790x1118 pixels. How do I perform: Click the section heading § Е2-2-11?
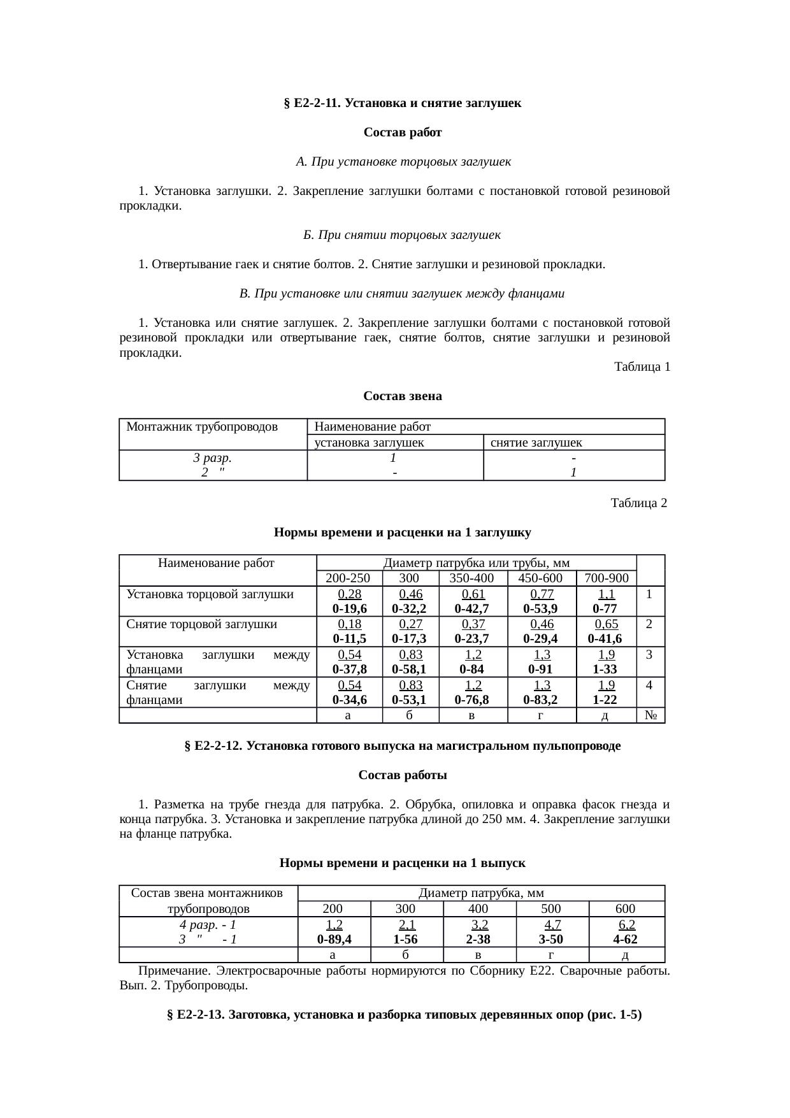(x=402, y=103)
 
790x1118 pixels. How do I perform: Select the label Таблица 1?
(x=642, y=367)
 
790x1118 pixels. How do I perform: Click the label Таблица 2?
(x=638, y=503)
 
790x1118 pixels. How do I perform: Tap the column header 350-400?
(x=472, y=578)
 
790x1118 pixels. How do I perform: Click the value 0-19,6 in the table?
(x=349, y=608)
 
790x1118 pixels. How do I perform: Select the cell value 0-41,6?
(x=606, y=639)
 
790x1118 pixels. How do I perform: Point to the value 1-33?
(x=605, y=670)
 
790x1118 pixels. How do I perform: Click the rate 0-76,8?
(x=472, y=700)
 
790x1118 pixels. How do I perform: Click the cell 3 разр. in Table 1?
(x=212, y=458)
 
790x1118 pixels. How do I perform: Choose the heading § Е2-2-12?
(x=402, y=745)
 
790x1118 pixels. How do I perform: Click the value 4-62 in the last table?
(x=626, y=940)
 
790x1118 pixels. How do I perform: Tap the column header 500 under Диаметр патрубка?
(x=552, y=909)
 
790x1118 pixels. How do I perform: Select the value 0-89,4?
(x=334, y=940)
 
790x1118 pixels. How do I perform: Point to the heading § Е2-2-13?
(x=403, y=1015)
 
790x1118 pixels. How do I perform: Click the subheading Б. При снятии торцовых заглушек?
(x=402, y=235)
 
